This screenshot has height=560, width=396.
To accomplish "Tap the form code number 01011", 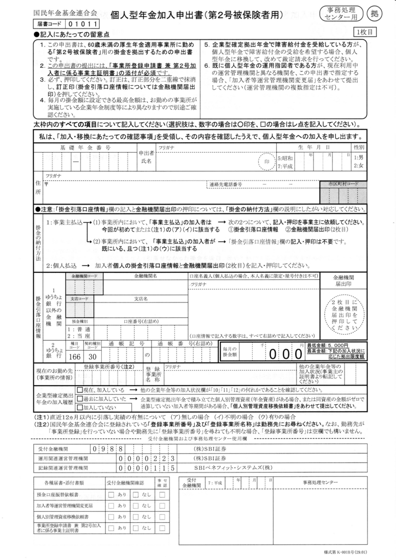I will pos(83,24).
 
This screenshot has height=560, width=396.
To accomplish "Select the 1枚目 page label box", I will pos(365,33).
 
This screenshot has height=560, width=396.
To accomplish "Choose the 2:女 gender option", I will pos(359,165).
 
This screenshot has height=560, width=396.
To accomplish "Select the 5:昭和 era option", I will pos(285,158).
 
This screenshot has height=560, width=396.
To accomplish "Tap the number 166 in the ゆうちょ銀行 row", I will pos(75,356).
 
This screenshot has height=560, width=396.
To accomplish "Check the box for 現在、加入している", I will pos(79,390).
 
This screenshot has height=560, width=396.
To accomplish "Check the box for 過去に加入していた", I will pos(79,399).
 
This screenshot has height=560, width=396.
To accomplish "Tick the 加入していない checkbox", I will pos(79,407).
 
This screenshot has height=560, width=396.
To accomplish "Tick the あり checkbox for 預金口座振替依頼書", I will pos(111,494).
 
